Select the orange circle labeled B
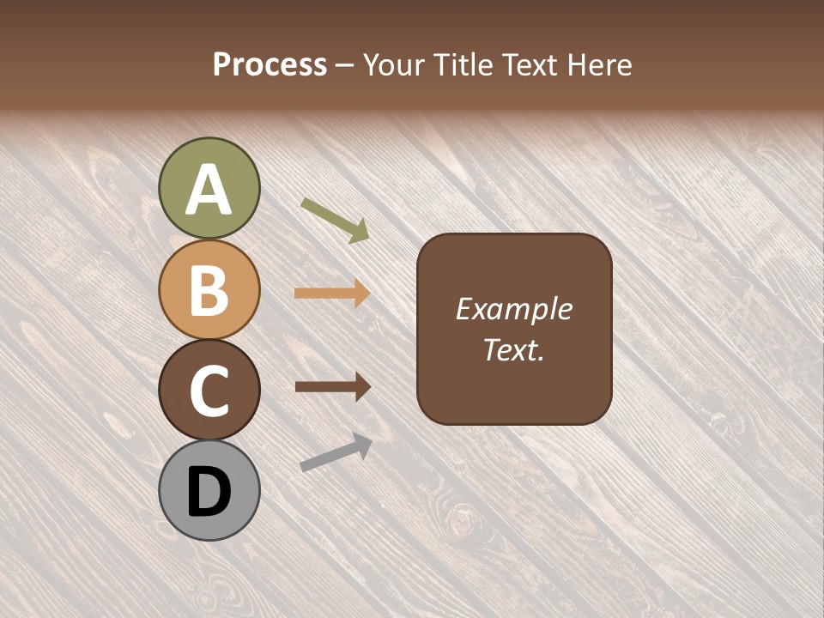[x=209, y=289]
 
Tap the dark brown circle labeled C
[x=209, y=390]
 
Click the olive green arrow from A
[x=335, y=219]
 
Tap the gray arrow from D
[x=336, y=452]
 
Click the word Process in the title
[x=270, y=64]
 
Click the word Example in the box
[x=514, y=309]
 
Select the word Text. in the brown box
[x=514, y=349]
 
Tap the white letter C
[x=209, y=391]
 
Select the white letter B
[x=209, y=291]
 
